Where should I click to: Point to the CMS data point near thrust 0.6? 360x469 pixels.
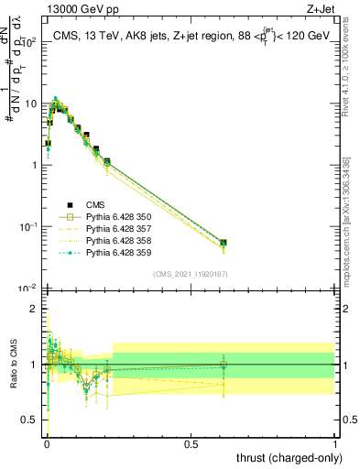coord(224,243)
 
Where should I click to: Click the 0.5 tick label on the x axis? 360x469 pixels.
coord(191,443)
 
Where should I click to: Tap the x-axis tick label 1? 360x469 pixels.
coord(335,443)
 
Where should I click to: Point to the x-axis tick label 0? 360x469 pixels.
coord(47,443)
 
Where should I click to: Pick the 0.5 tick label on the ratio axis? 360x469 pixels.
coord(31,420)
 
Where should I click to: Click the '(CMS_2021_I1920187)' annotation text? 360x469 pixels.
coord(189,274)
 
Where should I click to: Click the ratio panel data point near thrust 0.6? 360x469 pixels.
coord(224,365)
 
